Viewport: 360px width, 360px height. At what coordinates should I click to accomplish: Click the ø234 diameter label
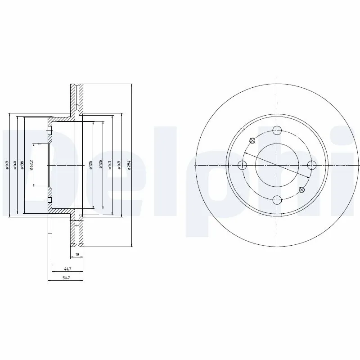(x=129, y=165)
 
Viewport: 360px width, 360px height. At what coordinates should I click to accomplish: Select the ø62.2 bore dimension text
(x=31, y=165)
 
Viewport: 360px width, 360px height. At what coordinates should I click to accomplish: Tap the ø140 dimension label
(x=15, y=165)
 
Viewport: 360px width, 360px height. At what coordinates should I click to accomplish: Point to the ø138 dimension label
(x=22, y=165)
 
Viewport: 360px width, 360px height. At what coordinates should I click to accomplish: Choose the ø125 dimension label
(x=90, y=165)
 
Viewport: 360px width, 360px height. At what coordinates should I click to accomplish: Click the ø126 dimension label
(x=100, y=165)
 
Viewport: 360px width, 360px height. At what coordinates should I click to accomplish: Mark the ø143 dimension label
(x=110, y=165)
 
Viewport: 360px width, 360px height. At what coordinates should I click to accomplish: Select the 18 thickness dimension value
(x=77, y=255)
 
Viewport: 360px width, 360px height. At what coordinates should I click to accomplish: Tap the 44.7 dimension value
(x=67, y=269)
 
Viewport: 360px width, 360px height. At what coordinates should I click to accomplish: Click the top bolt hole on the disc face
(x=277, y=130)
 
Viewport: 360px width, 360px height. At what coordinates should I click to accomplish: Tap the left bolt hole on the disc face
(x=243, y=165)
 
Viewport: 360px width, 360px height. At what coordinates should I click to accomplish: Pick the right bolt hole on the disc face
(x=312, y=165)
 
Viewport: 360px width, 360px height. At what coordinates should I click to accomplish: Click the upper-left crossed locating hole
(x=252, y=140)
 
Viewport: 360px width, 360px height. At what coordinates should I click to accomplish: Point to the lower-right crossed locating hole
(x=302, y=190)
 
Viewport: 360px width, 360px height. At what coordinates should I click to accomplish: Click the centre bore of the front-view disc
(x=277, y=165)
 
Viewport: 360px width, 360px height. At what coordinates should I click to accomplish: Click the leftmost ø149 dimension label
(x=8, y=165)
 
